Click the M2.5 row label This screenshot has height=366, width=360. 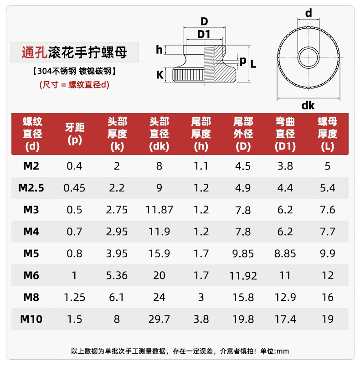click(x=31, y=188)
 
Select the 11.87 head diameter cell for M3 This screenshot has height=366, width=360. click(x=159, y=210)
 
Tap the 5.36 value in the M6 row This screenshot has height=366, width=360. click(x=117, y=275)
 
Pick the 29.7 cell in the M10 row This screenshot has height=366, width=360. click(x=159, y=319)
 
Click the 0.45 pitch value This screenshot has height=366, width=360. click(x=74, y=188)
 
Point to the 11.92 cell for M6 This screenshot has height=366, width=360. click(x=243, y=275)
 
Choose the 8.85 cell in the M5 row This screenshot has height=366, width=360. click(x=285, y=253)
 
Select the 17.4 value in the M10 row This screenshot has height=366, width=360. click(x=285, y=319)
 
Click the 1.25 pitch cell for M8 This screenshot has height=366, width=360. click(x=74, y=297)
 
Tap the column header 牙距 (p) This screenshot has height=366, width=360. click(x=74, y=134)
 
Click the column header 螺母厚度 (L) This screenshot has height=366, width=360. click(x=328, y=134)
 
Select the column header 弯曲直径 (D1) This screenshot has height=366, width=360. click(x=285, y=134)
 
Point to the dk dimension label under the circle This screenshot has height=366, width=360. click(x=308, y=106)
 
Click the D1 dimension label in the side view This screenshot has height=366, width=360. click(x=204, y=35)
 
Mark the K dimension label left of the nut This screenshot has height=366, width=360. click(x=159, y=74)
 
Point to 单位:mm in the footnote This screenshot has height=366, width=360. click(x=276, y=351)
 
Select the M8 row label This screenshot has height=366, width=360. click(x=31, y=297)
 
